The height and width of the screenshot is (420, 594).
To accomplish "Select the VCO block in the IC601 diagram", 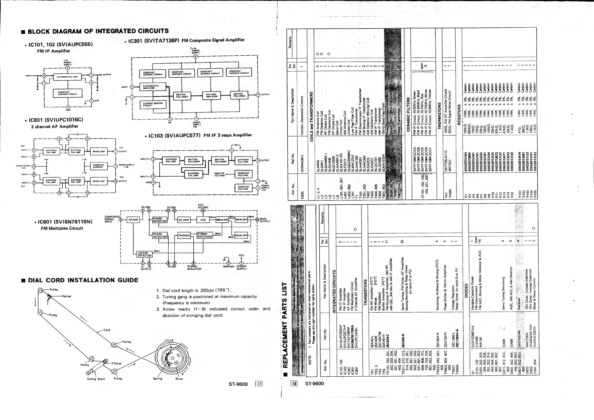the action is coord(203,220).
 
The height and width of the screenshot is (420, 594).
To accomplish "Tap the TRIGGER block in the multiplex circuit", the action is coord(184,236).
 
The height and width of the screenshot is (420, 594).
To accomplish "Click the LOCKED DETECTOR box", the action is coord(144,254).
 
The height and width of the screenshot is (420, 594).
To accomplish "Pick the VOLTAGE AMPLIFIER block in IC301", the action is coord(211,96).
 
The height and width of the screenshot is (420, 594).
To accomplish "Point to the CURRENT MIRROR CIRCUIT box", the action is coord(153,104).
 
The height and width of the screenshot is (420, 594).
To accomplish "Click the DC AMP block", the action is coord(184,220).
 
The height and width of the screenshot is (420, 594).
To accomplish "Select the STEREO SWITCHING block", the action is coord(204,235).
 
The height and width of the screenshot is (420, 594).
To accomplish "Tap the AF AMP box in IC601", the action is coord(133,220).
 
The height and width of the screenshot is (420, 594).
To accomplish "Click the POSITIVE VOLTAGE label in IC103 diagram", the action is coord(219,174).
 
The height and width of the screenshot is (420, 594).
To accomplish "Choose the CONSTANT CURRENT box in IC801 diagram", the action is coord(98,166).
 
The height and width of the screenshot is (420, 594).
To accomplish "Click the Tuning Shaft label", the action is coord(96,379).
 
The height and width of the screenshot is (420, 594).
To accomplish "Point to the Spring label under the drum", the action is coord(157,379).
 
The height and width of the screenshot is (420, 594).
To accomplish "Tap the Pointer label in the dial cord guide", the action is coord(67,296).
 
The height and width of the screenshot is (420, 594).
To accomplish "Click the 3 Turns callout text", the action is coord(116,363).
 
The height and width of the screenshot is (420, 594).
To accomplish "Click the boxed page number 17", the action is coord(259,384).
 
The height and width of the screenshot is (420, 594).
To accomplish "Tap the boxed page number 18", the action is coord(294,384).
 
